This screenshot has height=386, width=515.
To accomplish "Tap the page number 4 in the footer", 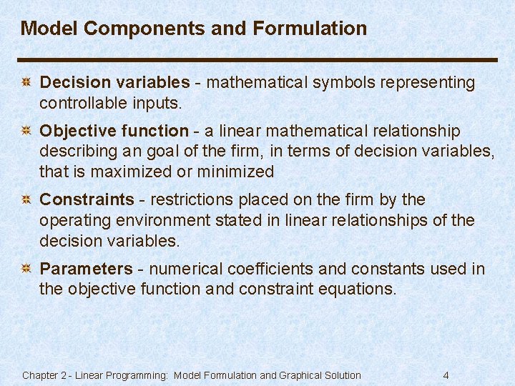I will (446, 375).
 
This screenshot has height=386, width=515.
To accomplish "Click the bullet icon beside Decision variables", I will (26, 83).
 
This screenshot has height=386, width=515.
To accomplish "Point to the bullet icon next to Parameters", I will (26, 269).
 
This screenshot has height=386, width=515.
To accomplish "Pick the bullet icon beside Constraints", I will (26, 199).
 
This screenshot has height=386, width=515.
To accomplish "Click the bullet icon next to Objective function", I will (26, 131).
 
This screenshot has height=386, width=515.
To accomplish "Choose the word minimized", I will (237, 172).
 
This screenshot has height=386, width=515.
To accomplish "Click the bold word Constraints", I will (87, 199).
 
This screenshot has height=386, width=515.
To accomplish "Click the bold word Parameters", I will (86, 269).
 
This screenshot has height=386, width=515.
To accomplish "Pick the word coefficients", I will (269, 269).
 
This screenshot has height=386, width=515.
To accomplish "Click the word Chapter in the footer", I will (40, 375).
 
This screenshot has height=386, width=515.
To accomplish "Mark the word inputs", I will (157, 103).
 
